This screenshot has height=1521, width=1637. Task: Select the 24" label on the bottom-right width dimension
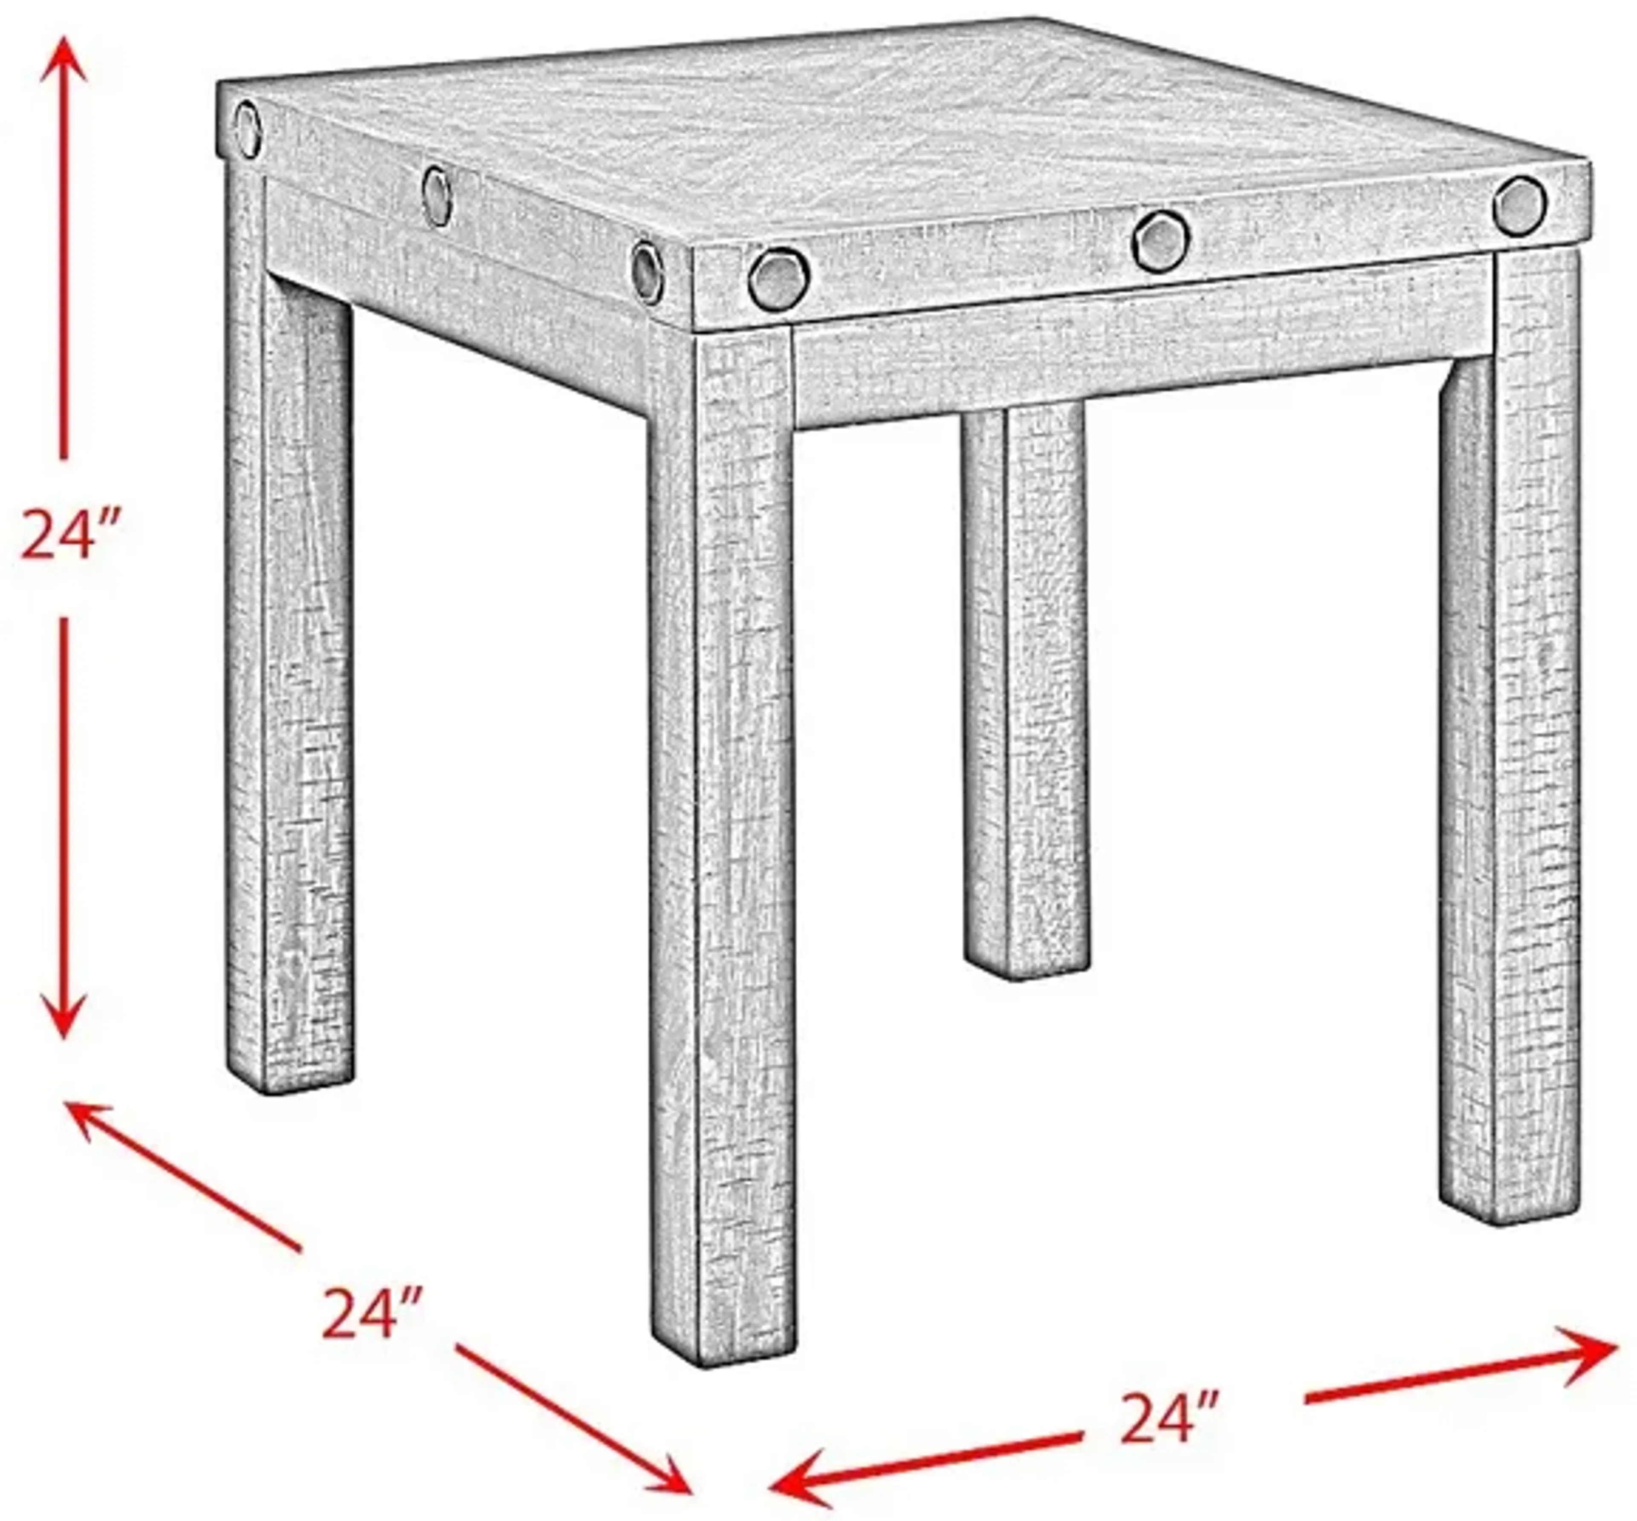[x=1167, y=1417]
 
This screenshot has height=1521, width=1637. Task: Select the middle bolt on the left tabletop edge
[x=436, y=196]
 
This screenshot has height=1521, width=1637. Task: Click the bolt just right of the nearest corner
[x=778, y=279]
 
